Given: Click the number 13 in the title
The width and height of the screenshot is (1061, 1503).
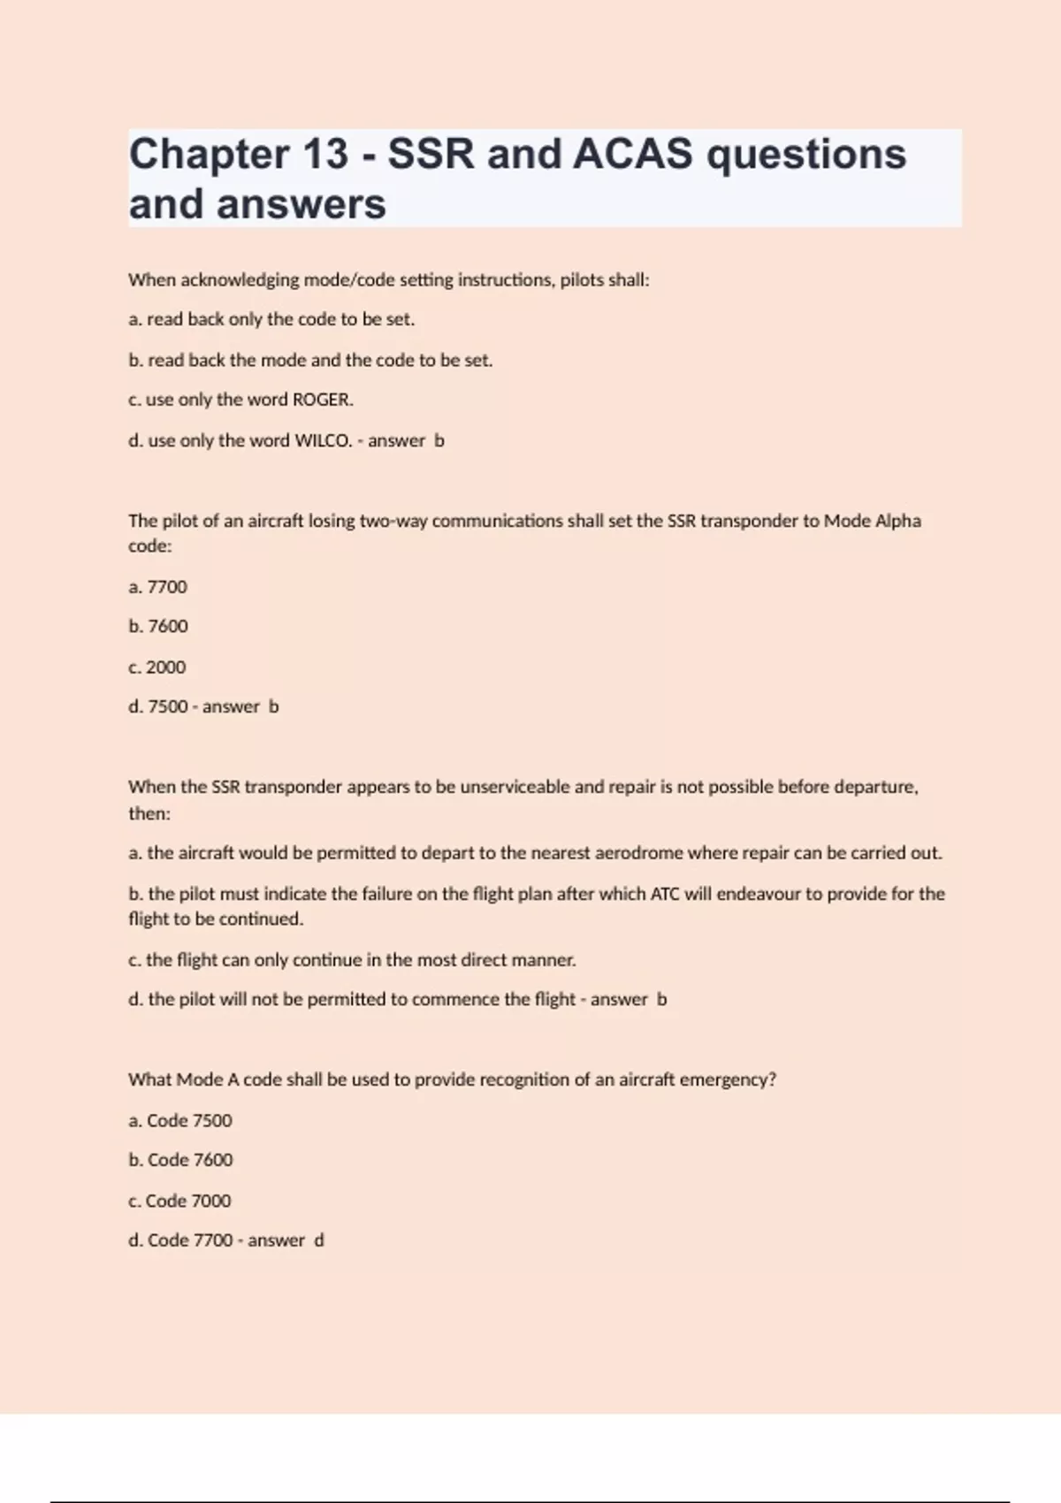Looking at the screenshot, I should point(325,154).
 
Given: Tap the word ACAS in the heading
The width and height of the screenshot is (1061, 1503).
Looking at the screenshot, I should point(632,154).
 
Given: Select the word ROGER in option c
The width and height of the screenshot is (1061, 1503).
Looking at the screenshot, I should point(322,400).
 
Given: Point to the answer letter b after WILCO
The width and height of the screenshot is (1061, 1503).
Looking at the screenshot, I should point(439,440).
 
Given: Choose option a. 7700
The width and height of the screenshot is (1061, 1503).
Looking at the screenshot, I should point(158,587).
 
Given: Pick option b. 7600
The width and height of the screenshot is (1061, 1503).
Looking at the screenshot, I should point(158,626).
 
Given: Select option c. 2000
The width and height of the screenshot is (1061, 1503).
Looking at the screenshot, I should point(157,668).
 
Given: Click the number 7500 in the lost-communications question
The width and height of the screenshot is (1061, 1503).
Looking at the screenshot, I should point(168,706).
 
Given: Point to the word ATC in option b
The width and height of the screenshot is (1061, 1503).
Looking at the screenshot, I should point(665,894).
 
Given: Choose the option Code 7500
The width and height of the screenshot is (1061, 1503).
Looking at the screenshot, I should point(180,1121).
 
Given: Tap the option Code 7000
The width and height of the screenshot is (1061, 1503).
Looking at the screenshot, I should point(179,1201).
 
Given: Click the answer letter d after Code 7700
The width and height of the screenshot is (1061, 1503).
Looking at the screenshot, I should point(319,1240).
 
